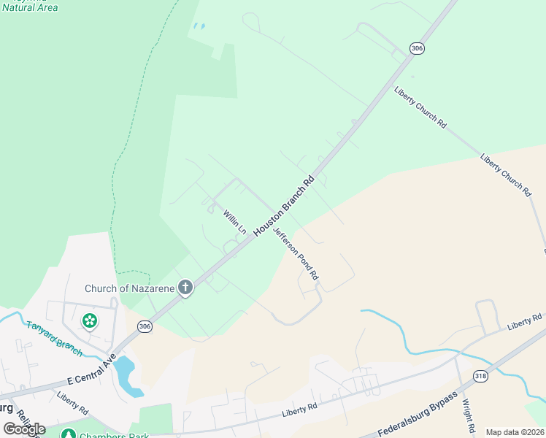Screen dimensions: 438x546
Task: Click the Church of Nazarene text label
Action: [x=129, y=288]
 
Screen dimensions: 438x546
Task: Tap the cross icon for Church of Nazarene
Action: [x=185, y=288]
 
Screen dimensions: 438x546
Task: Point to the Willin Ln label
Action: [x=234, y=222]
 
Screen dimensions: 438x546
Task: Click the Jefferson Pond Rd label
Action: [x=296, y=254]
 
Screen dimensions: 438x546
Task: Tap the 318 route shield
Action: [x=480, y=376]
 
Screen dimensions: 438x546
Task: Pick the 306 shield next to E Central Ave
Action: [x=145, y=327]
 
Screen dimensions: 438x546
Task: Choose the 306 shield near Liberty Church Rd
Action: [x=416, y=48]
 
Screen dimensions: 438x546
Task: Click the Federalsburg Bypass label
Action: [x=418, y=414]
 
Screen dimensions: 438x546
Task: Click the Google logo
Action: [x=24, y=429]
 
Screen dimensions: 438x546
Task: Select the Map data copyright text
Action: [x=515, y=432]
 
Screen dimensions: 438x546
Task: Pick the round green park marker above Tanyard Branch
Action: [x=89, y=320]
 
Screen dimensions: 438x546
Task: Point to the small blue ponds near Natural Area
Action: [x=198, y=27]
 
